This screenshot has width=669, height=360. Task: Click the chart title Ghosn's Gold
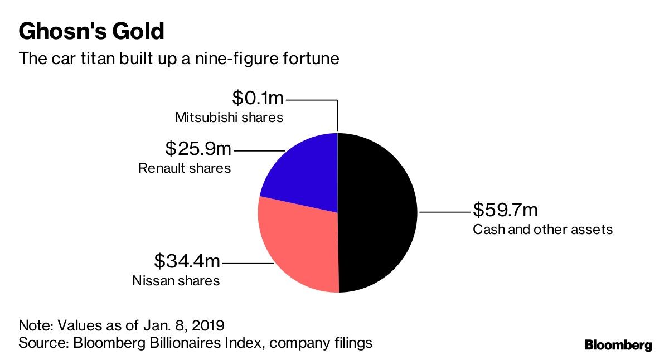91,31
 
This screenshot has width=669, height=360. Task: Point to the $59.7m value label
505,210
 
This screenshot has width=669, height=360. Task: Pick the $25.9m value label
198,149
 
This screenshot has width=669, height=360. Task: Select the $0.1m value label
258,99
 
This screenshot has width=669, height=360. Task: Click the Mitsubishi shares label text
229,118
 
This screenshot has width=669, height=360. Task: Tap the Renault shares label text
185,168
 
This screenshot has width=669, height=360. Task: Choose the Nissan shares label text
176,280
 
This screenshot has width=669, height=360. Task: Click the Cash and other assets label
542,229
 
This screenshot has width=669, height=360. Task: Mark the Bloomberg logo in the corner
618,345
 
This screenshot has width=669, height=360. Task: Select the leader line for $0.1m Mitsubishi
337,114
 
